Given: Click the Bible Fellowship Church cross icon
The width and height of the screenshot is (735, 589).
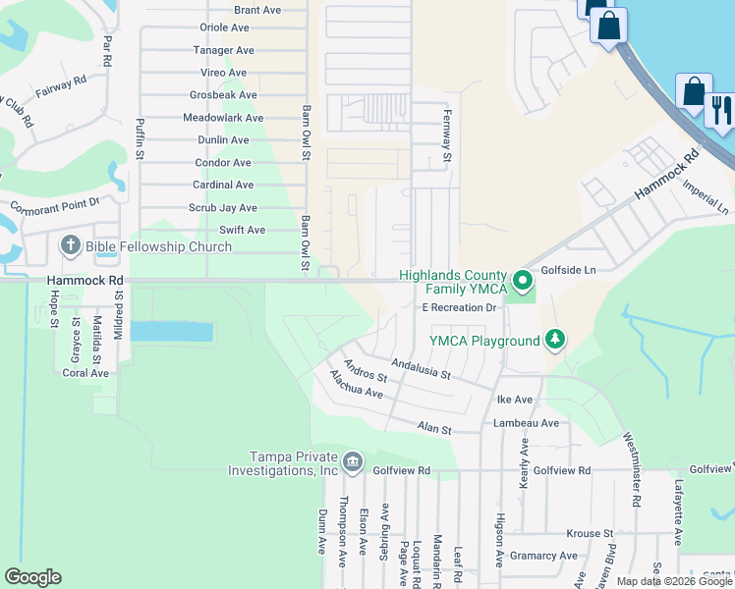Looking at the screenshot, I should click(71, 245).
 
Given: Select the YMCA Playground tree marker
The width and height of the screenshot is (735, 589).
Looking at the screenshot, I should click(556, 341).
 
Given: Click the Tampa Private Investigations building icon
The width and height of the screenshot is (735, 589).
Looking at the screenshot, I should click(353, 461).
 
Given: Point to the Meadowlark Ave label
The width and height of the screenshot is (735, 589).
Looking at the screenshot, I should click(223, 118).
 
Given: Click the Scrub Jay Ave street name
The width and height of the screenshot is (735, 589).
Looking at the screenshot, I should click(223, 208).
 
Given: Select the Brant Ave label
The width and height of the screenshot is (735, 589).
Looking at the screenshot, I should click(257, 10).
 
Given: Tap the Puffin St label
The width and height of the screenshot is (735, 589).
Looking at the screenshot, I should click(140, 138).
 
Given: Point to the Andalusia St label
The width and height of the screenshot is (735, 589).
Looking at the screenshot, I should click(420, 368).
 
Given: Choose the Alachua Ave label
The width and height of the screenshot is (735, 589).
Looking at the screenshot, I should click(356, 384).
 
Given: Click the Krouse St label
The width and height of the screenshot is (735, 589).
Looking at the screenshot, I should click(590, 533).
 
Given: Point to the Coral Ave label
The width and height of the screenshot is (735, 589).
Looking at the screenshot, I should click(85, 373).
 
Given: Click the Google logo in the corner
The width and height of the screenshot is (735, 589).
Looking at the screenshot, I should click(32, 577).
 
